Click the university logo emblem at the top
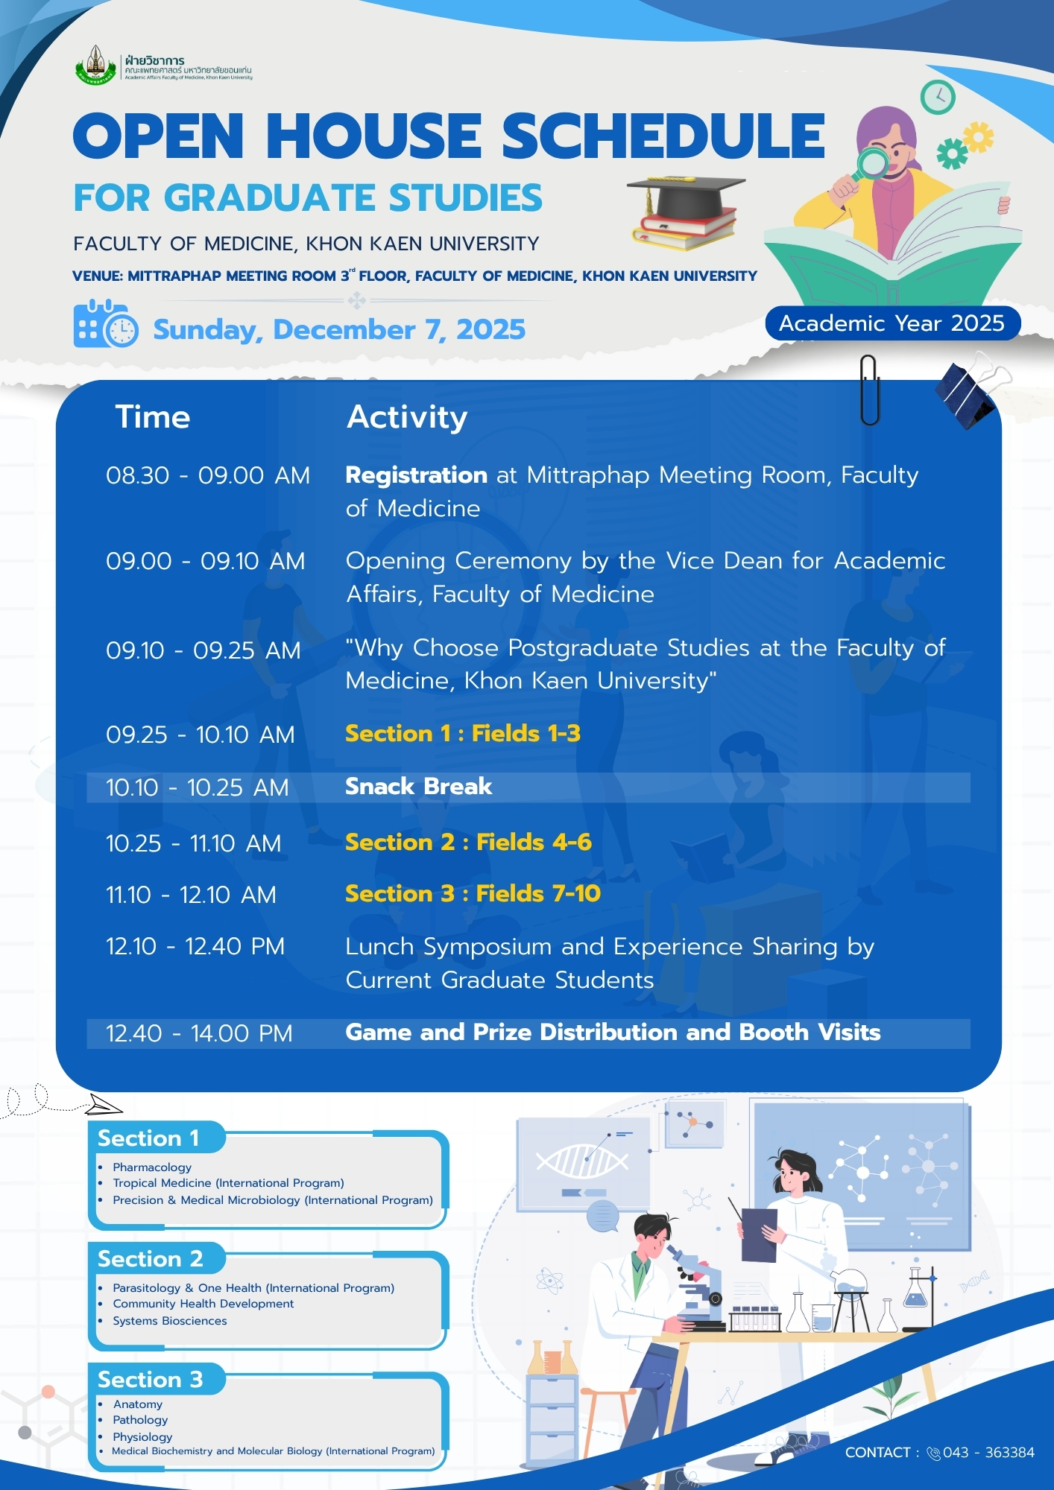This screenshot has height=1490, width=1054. [96, 65]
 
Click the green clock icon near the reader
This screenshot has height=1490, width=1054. [938, 96]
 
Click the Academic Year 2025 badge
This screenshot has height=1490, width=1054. [892, 323]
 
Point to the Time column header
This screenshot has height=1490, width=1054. [153, 417]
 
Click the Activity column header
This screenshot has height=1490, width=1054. [407, 417]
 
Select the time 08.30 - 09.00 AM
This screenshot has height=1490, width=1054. [208, 475]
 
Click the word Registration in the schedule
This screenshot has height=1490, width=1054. [417, 475]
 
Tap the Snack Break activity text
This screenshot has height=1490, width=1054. [419, 787]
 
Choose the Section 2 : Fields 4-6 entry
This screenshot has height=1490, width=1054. [469, 843]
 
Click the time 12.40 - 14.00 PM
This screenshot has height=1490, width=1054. [199, 1033]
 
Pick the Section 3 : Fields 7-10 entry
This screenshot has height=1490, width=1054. [473, 894]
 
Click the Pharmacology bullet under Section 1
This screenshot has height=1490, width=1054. [152, 1167]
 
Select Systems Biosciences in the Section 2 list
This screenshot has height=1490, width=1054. [170, 1321]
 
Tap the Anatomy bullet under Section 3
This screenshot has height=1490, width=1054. [138, 1404]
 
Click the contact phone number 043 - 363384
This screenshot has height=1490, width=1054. [988, 1453]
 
